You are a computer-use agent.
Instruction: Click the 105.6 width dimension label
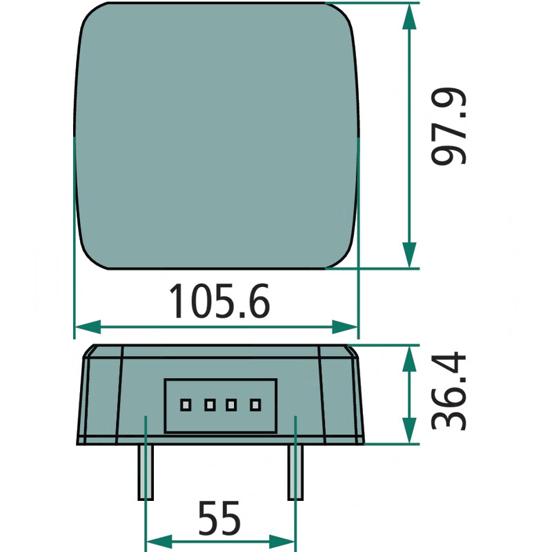point(219,301)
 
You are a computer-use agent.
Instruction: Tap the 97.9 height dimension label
point(448,126)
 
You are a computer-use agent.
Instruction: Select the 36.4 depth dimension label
point(448,391)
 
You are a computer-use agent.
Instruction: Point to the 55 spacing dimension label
point(219,518)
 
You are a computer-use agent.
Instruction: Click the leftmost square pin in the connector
point(186,405)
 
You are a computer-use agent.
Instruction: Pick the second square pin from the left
point(210,405)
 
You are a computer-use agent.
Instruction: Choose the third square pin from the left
point(231,405)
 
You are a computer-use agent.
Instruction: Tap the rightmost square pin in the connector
point(255,405)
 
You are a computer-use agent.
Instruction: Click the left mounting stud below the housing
point(146,472)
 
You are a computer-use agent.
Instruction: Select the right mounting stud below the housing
point(296,472)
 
